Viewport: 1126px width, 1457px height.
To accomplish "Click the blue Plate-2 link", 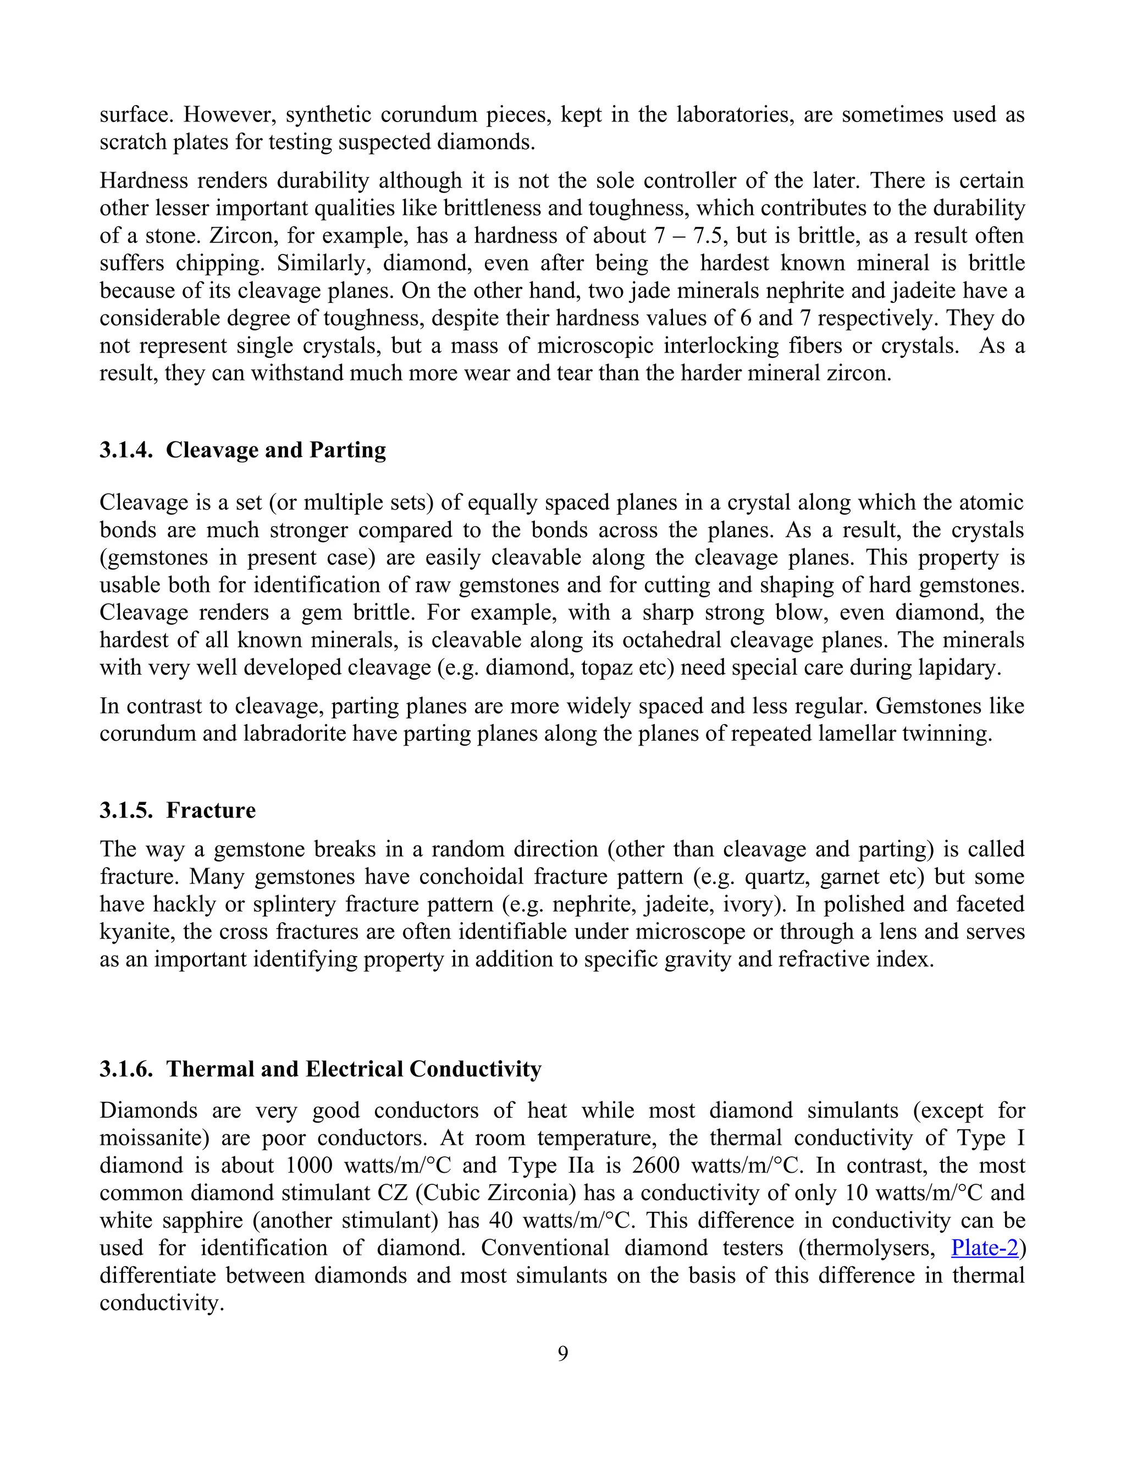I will click(985, 1247).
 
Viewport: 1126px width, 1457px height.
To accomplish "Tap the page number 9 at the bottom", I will click(563, 1353).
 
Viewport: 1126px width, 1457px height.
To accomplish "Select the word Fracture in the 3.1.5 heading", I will click(211, 810).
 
